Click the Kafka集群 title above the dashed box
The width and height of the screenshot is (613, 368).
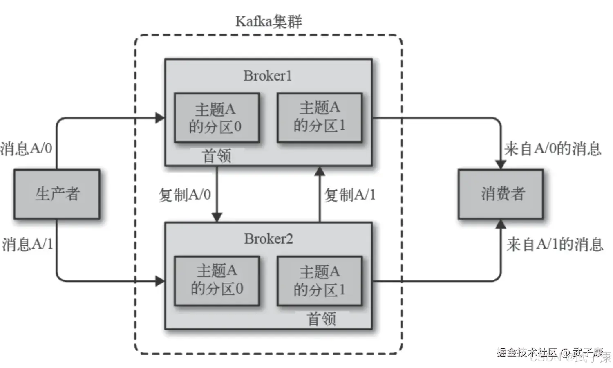pos(268,21)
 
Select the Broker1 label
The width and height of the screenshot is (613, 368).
pos(268,76)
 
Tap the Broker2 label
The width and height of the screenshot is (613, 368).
pos(268,239)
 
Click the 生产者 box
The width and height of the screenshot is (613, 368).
pos(57,194)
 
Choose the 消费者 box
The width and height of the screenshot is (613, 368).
pos(501,194)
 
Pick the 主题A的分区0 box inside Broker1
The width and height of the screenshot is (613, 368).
pos(217,118)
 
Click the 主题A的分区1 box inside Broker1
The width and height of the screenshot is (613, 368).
pos(320,117)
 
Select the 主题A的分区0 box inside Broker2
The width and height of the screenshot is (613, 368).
pos(217,280)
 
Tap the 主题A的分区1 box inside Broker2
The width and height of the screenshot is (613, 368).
pos(320,281)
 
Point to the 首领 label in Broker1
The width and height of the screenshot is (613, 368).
pos(217,156)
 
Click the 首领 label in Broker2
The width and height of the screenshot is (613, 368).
pos(321,319)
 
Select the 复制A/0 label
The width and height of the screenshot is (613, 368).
pos(185,195)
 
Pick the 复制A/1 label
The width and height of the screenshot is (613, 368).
pos(349,195)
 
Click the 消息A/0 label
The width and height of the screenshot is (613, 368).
pos(26,148)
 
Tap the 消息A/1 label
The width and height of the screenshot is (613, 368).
pos(27,244)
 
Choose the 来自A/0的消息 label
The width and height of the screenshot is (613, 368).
pos(552,148)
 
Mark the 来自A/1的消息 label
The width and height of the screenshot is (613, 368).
pos(554,245)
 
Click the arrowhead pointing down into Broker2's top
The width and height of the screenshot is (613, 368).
pos(217,217)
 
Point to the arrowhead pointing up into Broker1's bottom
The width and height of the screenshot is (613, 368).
pos(320,171)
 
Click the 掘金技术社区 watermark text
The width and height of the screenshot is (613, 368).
pos(527,352)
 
